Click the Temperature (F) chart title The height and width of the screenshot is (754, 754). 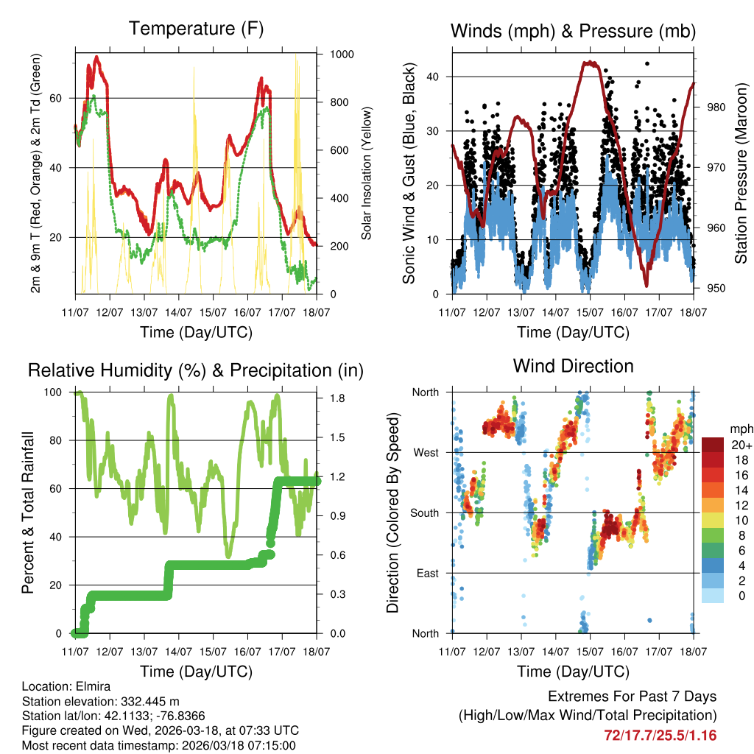[x=196, y=29]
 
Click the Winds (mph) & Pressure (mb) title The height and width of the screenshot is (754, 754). [x=573, y=31]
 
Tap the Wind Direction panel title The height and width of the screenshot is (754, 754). [x=573, y=365]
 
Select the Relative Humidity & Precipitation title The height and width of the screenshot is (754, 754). [x=196, y=370]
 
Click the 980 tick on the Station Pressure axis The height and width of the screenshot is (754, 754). [x=716, y=108]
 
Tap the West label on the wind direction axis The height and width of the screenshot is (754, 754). [x=425, y=452]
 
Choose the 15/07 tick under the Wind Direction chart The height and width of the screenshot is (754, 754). [x=590, y=652]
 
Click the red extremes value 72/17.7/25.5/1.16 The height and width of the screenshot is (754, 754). [x=660, y=735]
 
